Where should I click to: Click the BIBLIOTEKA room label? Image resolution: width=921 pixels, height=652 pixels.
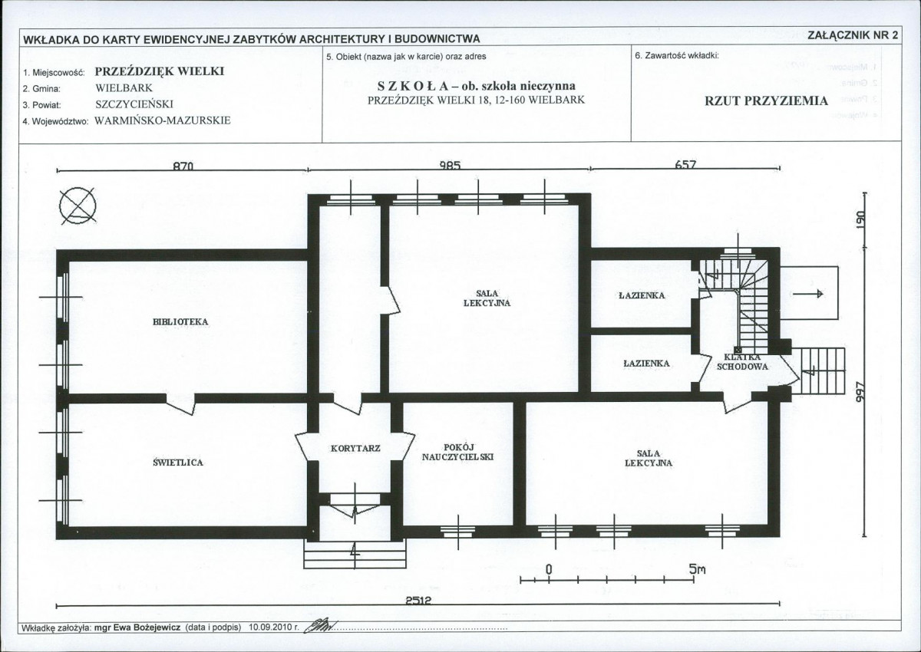(x=180, y=322)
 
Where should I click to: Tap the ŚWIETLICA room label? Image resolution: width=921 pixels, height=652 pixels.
(x=178, y=463)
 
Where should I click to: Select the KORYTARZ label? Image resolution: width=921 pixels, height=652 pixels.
(x=355, y=448)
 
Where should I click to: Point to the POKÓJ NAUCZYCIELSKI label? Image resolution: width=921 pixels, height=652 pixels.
(x=457, y=452)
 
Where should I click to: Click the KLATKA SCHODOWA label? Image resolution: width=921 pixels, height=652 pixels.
(x=742, y=362)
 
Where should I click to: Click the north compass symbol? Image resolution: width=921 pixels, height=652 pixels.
(x=78, y=206)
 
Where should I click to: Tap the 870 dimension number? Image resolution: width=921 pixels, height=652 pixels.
(x=183, y=166)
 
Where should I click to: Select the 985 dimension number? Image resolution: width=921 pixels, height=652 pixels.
(x=451, y=165)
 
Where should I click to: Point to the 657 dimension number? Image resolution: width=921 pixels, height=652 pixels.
(x=685, y=164)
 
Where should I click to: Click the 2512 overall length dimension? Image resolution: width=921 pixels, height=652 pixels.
(x=418, y=601)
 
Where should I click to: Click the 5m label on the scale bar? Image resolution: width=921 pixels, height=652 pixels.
(x=698, y=569)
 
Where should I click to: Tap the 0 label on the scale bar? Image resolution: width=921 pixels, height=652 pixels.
(x=549, y=569)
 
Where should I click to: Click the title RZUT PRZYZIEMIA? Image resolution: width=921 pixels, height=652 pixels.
(x=767, y=101)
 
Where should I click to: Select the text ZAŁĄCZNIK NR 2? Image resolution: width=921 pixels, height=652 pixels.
(x=853, y=35)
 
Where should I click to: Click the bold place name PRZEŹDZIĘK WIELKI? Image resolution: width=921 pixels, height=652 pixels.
(x=160, y=71)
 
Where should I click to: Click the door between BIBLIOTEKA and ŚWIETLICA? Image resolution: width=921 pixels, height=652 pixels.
(x=180, y=404)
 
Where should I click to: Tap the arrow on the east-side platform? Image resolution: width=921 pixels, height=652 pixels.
(x=808, y=293)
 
